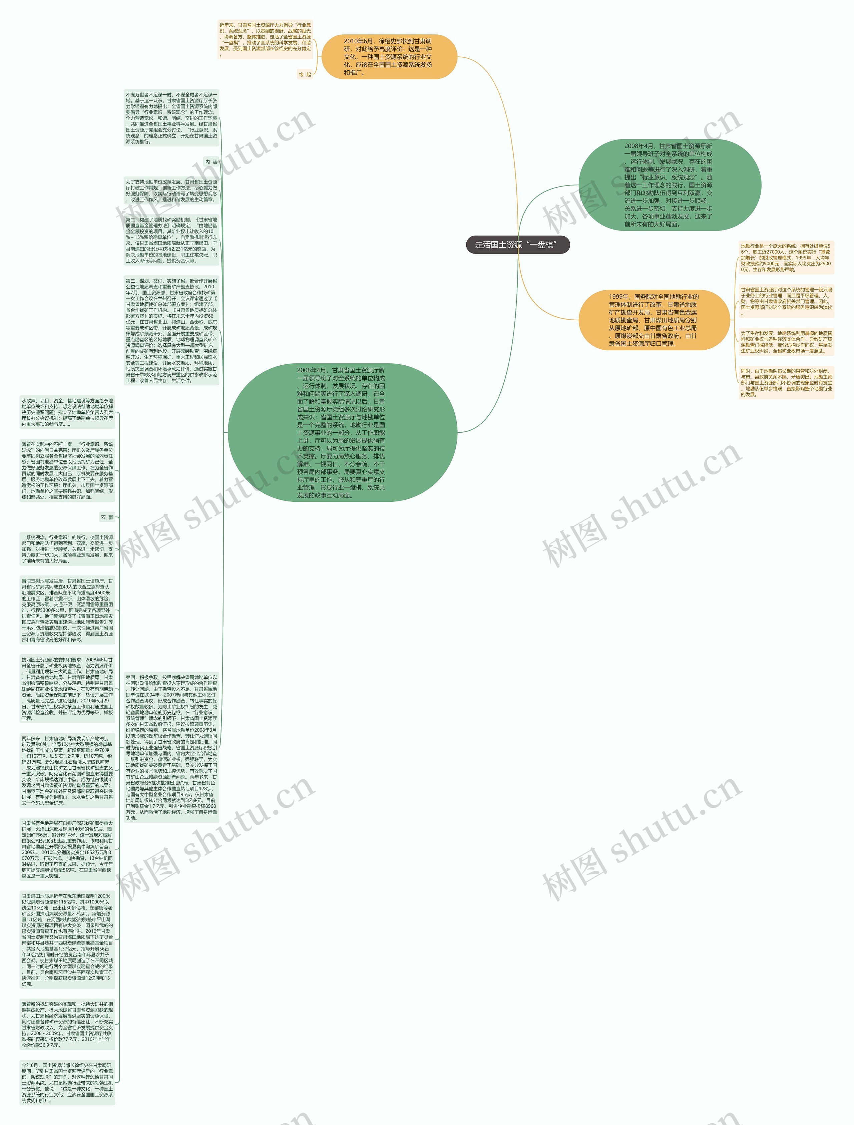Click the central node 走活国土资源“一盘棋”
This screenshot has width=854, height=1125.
(x=517, y=245)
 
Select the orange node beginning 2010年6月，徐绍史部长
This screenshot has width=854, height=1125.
(x=389, y=56)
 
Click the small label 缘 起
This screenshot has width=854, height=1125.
(x=305, y=75)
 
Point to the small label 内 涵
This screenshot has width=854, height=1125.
(x=211, y=162)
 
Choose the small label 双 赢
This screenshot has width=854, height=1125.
(x=107, y=517)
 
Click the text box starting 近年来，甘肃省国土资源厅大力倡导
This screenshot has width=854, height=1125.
(x=265, y=39)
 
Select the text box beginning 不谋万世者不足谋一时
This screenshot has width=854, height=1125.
(x=171, y=118)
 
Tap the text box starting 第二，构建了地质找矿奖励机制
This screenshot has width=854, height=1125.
(x=171, y=240)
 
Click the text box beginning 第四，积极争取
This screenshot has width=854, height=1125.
(x=171, y=748)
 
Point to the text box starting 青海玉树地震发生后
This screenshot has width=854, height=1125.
(x=67, y=610)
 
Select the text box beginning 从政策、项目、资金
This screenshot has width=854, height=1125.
(x=67, y=412)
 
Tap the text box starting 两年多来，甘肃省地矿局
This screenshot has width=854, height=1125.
(x=67, y=770)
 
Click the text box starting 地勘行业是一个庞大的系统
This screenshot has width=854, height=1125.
(x=786, y=258)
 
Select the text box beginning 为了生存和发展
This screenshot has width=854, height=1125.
(x=786, y=342)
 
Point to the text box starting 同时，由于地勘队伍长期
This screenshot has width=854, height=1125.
(x=786, y=382)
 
